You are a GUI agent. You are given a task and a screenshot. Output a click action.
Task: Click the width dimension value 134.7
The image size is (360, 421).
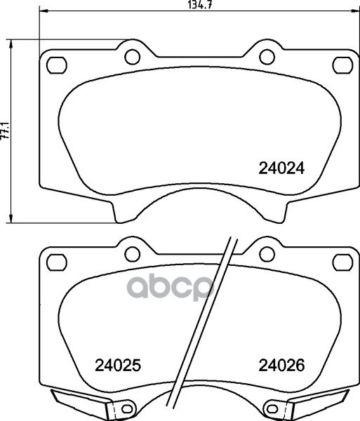(199, 5)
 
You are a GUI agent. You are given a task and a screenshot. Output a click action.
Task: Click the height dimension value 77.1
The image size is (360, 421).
(5, 131)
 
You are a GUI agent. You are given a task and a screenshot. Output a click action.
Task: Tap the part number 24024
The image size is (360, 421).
(281, 169)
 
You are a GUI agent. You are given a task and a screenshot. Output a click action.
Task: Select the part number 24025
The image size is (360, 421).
(118, 366)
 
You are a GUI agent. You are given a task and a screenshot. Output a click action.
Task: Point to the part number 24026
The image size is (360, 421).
(281, 366)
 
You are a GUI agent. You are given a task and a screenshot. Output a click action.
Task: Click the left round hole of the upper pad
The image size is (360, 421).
(133, 57)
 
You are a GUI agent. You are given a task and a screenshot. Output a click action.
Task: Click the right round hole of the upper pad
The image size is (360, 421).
(267, 57)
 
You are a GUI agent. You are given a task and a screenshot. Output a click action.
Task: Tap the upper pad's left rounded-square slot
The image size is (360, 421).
(57, 65)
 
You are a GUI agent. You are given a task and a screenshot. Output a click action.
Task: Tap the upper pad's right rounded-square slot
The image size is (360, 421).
(342, 65)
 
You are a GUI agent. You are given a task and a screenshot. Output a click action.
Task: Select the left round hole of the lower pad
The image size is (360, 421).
(133, 254)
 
